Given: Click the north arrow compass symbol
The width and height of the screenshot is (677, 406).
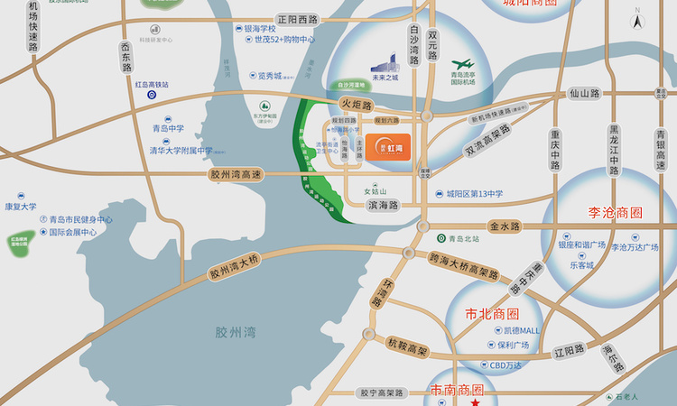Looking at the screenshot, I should pyautogui.click(x=638, y=19).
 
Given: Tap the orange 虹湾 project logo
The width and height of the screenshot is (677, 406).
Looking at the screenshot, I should pyautogui.click(x=385, y=146).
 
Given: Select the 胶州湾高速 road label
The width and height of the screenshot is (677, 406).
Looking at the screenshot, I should pyautogui.click(x=234, y=175).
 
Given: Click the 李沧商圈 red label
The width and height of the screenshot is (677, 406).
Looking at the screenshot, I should pyautogui.click(x=609, y=214).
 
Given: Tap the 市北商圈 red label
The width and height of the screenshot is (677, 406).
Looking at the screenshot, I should pyautogui.click(x=492, y=314).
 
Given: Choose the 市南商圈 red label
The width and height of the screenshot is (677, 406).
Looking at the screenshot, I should pyautogui.click(x=457, y=391).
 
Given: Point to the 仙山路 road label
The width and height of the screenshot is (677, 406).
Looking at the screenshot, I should pyautogui.click(x=585, y=93).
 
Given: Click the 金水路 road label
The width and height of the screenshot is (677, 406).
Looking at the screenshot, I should pyautogui.click(x=505, y=226).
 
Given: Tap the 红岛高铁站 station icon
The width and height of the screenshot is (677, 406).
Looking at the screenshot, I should pyautogui.click(x=151, y=95).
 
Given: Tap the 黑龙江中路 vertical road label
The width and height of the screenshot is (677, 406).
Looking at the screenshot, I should pyautogui.click(x=615, y=149).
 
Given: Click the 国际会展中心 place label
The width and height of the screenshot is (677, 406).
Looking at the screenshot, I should pyautogui.click(x=72, y=232).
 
